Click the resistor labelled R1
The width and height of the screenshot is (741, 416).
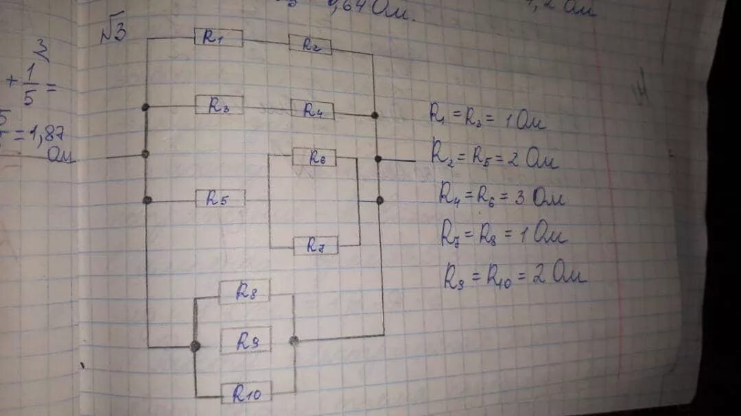[218, 37]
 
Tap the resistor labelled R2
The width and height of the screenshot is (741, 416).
[309, 45]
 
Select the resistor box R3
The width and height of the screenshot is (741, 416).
[219, 105]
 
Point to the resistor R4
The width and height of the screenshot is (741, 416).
[311, 110]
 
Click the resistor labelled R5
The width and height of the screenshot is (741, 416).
[220, 198]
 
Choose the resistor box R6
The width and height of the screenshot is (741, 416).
[314, 157]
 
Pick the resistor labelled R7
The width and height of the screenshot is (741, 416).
[316, 245]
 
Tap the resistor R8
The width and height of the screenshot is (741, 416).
[244, 291]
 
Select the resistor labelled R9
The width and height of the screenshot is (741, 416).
[245, 340]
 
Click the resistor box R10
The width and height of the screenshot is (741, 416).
[246, 392]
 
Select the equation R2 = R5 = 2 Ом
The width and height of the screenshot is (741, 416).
[494, 157]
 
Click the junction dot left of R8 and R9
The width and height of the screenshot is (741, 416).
[195, 346]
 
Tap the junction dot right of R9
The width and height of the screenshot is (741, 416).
[294, 340]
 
